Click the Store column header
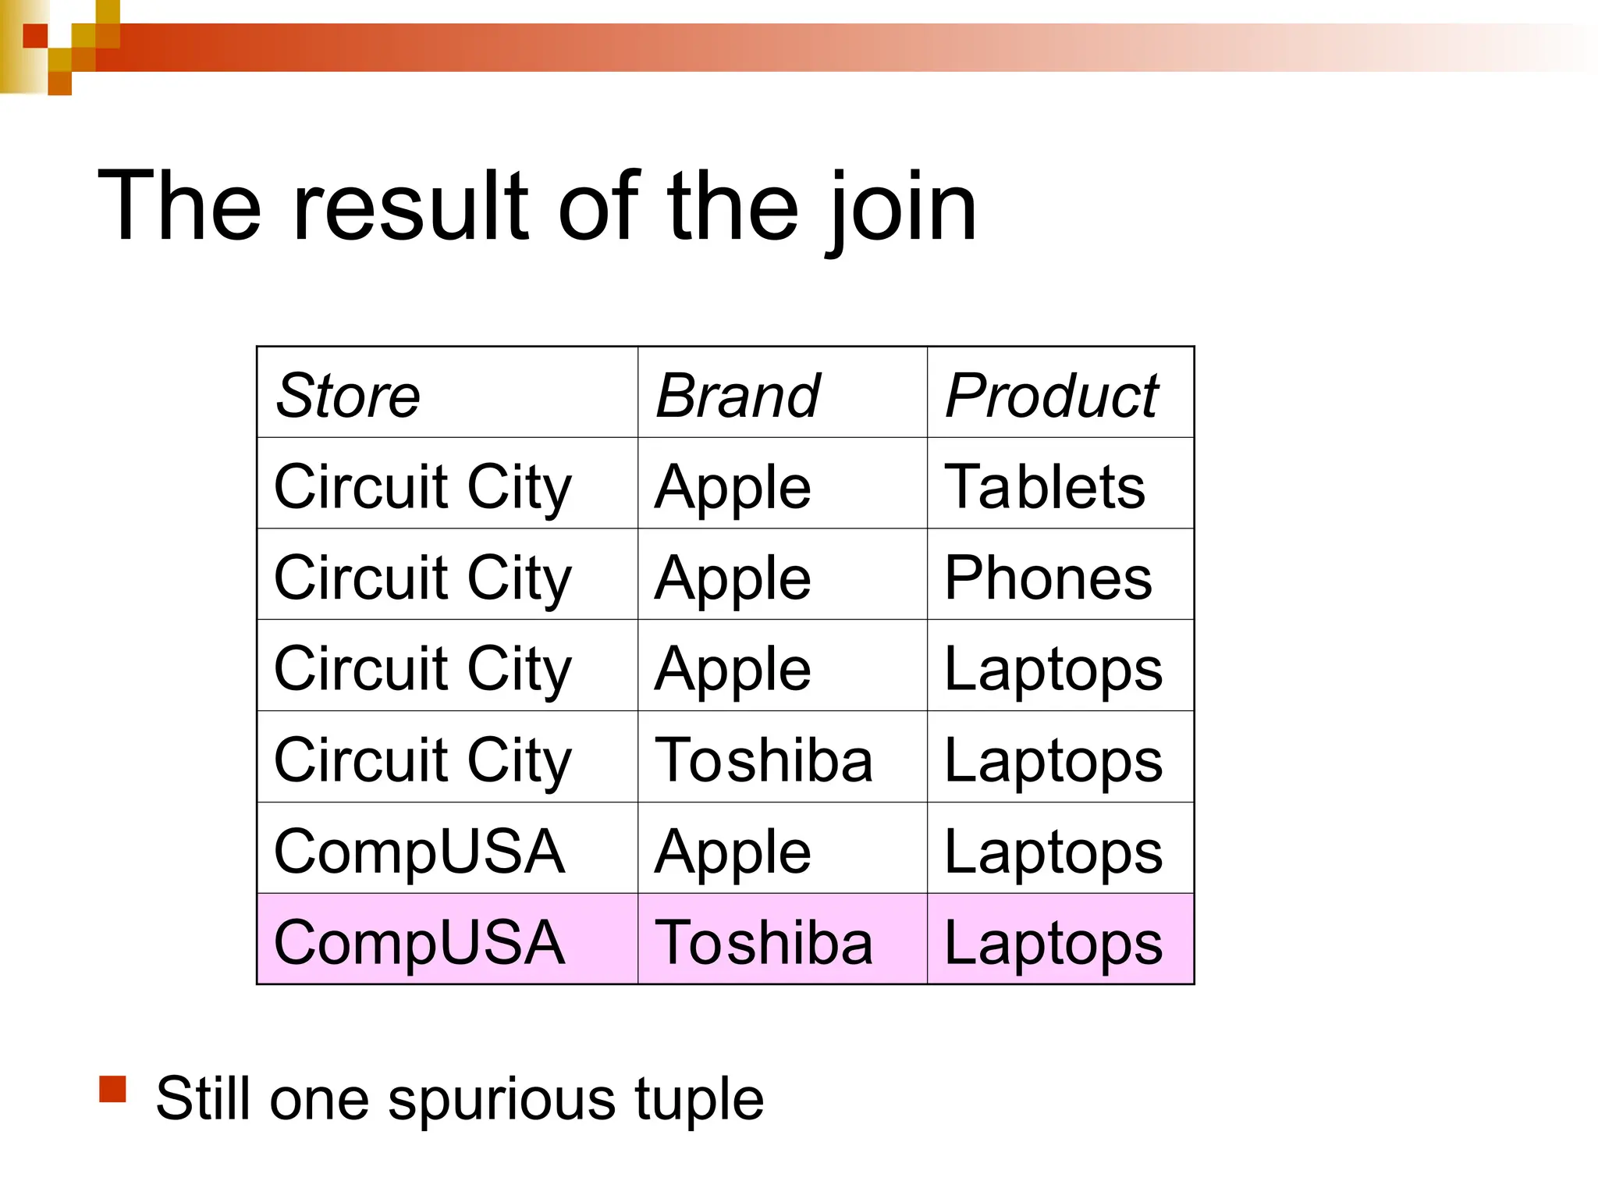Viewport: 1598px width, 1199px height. tap(348, 396)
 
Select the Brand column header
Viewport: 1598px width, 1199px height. tap(737, 396)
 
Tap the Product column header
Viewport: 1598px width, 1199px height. tap(1052, 396)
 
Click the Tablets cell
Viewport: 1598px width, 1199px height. tap(1044, 487)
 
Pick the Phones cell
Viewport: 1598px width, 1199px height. tap(1048, 578)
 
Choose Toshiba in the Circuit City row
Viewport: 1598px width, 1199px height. tap(764, 760)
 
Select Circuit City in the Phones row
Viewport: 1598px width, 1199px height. tap(423, 578)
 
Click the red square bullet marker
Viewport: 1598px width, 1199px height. tap(113, 1089)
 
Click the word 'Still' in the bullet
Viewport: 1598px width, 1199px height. tap(204, 1099)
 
